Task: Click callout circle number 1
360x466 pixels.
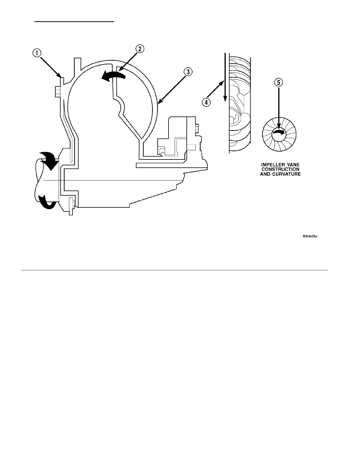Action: (x=36, y=53)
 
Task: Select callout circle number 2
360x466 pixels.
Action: (x=139, y=49)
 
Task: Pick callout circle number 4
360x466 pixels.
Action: (x=206, y=102)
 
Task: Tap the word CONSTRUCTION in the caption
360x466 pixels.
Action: (x=280, y=169)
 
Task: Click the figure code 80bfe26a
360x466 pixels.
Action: (x=310, y=236)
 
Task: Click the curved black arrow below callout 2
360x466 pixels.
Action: (x=113, y=76)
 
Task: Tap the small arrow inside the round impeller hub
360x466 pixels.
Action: (x=279, y=133)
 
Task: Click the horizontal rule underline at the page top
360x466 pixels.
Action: (x=74, y=21)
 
